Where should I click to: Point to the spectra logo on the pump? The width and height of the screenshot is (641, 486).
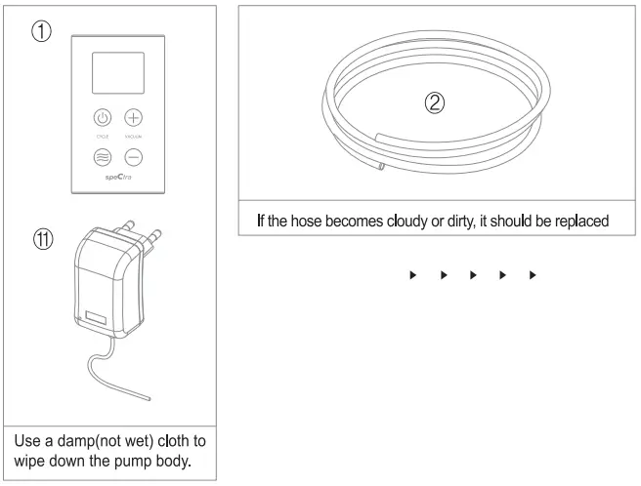click(x=118, y=179)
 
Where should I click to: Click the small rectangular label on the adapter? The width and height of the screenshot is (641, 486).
click(x=94, y=318)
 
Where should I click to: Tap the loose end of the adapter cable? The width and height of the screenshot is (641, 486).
click(x=148, y=398)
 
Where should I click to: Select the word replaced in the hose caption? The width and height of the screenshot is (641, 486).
click(x=578, y=221)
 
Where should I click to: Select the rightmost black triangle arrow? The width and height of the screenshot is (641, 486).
click(x=532, y=276)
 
